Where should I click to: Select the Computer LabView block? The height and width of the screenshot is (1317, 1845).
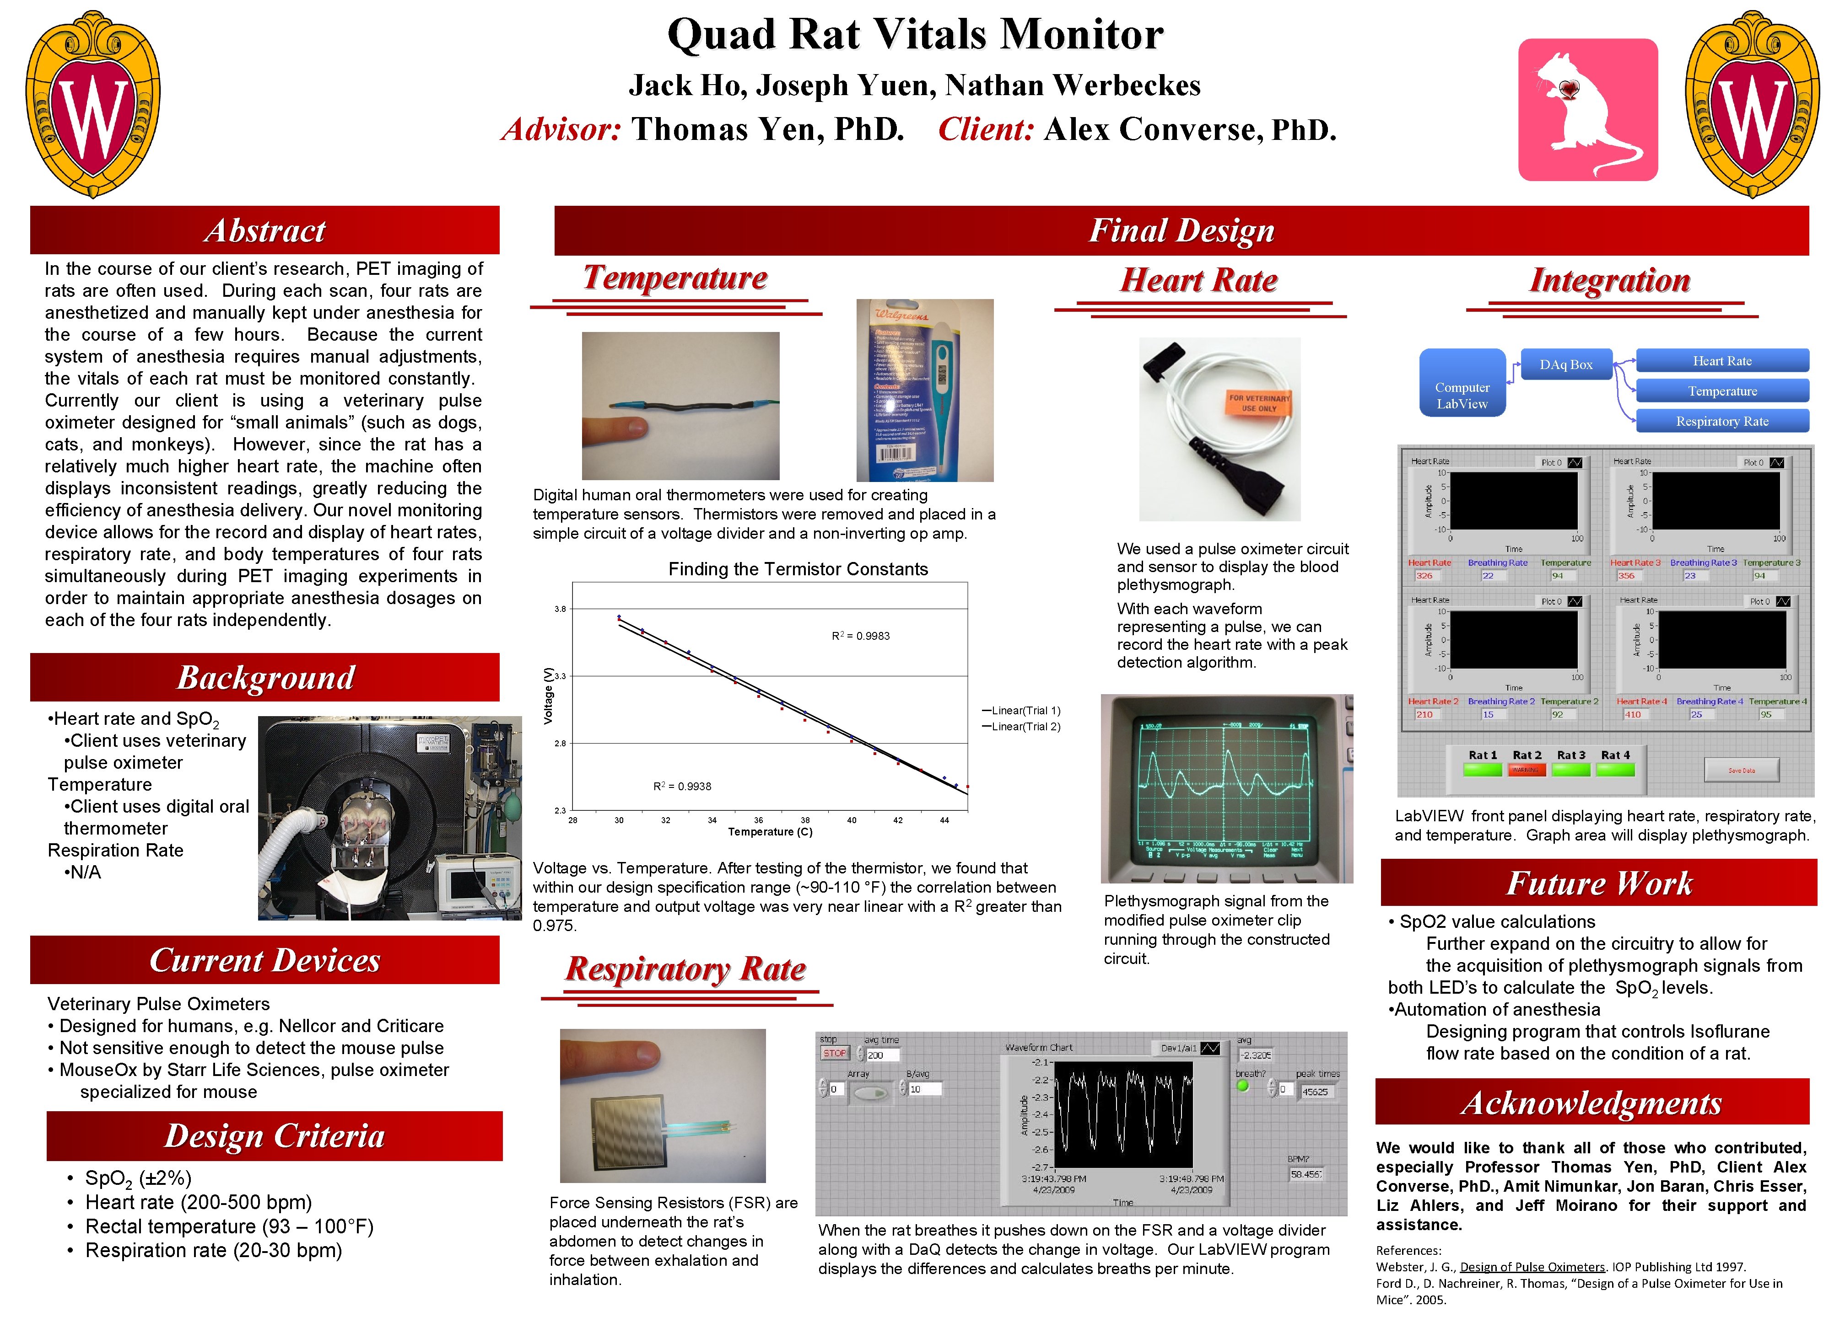click(1462, 395)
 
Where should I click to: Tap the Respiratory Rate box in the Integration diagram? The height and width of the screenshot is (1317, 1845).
click(1721, 421)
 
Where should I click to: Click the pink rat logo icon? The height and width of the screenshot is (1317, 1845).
click(1588, 109)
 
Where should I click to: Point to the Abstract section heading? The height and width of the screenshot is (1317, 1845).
click(264, 230)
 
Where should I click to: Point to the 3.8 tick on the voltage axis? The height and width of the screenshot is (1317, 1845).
click(560, 609)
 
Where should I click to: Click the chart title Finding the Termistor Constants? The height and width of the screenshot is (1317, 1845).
click(798, 569)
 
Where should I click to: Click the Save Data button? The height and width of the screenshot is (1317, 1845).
click(1741, 771)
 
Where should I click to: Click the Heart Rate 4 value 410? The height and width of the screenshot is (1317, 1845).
click(1632, 714)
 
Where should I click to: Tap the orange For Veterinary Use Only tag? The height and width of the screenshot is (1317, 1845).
click(1258, 403)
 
